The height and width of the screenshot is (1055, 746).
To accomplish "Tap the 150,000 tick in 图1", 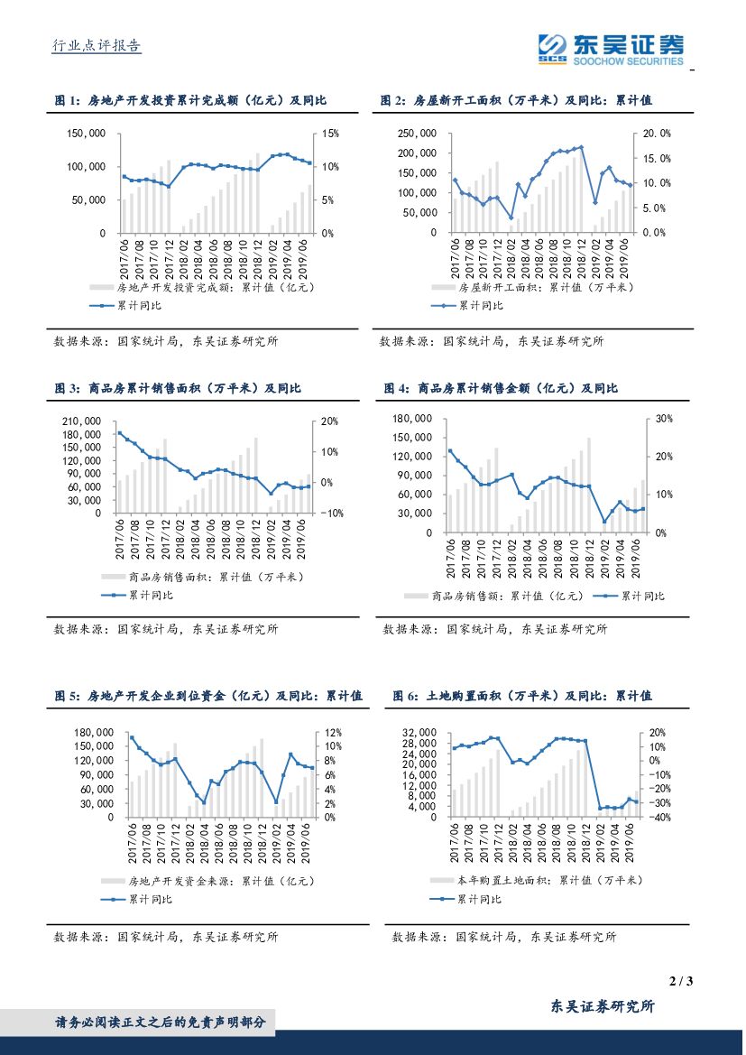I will [87, 134].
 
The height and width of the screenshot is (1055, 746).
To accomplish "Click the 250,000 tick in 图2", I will [418, 134].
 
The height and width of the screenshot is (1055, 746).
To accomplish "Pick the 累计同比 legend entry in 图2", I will [481, 305].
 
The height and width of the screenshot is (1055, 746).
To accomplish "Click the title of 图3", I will [178, 388].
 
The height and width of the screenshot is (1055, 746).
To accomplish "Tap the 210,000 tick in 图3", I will [88, 421].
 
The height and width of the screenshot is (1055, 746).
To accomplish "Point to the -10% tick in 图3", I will [329, 514].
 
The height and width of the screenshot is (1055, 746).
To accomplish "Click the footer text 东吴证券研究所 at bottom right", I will [603, 1006].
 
